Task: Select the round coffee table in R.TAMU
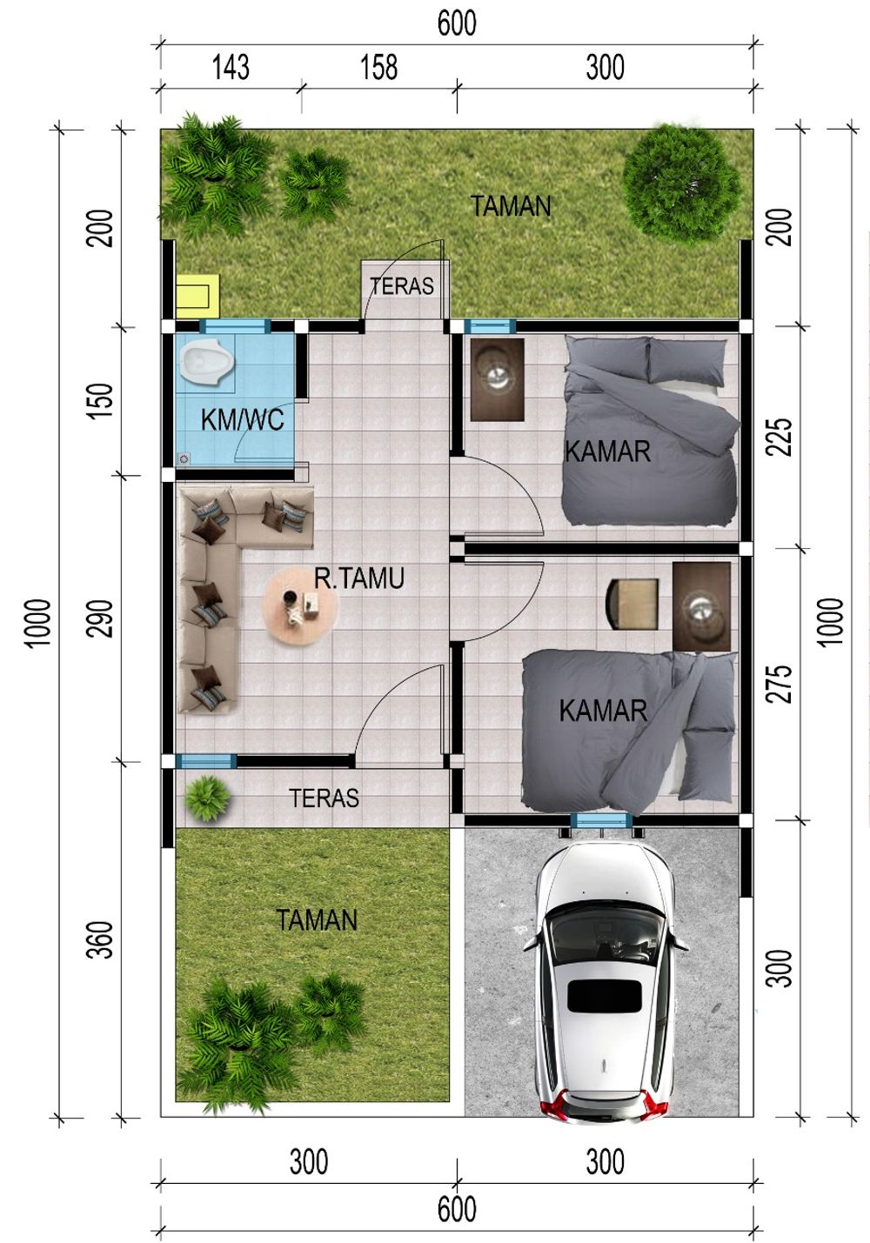[x=300, y=606]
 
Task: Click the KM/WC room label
[x=242, y=420]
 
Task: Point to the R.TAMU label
[x=358, y=578]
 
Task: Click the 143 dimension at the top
[x=231, y=68]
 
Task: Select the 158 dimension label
[x=378, y=68]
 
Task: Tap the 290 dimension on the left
[x=102, y=618]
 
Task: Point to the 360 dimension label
[x=102, y=940]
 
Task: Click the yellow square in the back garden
[x=197, y=296]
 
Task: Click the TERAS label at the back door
[x=402, y=286]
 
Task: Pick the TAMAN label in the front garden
[x=317, y=920]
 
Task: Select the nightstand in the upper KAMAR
[x=497, y=380]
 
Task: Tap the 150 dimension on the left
[x=102, y=400]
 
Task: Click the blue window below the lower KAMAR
[x=601, y=820]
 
